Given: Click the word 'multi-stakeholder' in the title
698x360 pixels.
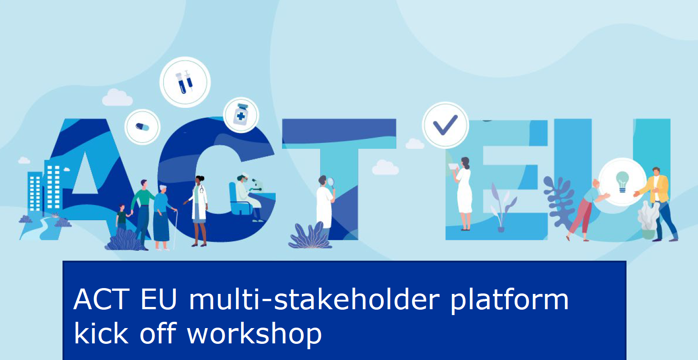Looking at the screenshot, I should tap(315, 300).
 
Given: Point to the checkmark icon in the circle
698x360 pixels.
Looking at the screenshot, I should tap(445, 125).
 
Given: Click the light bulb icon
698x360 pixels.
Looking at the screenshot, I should tap(622, 182).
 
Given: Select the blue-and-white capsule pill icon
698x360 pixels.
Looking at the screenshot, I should tap(143, 127).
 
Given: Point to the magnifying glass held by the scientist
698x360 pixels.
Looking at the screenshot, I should tap(331, 182).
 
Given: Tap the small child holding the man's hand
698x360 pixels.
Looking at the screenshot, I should tap(121, 218).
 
